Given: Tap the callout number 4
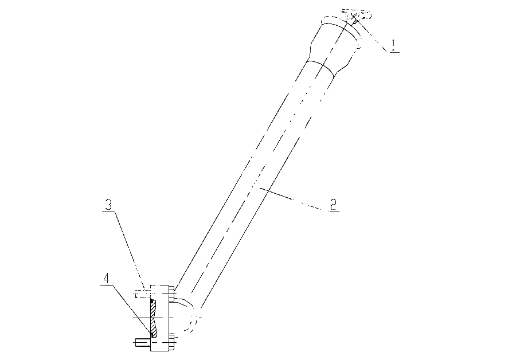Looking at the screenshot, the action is [105, 279].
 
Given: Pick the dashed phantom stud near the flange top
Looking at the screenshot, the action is [143, 294].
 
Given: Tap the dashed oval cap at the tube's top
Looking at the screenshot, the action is [357, 14].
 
